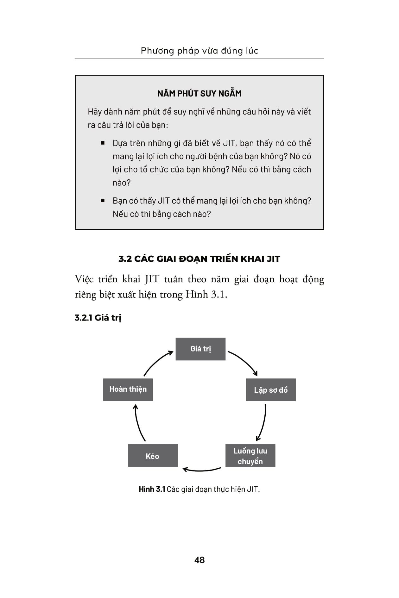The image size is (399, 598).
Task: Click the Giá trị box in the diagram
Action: pyautogui.click(x=200, y=349)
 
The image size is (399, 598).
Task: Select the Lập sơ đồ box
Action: pyautogui.click(x=271, y=390)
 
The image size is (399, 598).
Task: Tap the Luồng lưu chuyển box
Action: pyautogui.click(x=250, y=456)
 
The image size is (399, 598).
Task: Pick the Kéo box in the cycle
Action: pyautogui.click(x=153, y=456)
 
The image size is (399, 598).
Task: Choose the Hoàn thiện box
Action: pyautogui.click(x=128, y=389)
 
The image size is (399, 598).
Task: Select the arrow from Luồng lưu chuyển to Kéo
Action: pyautogui.click(x=202, y=470)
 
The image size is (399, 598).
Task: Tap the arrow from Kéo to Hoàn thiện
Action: pyautogui.click(x=138, y=424)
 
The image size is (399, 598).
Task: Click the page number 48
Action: pyautogui.click(x=199, y=560)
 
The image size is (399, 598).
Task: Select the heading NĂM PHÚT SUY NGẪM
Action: pyautogui.click(x=199, y=94)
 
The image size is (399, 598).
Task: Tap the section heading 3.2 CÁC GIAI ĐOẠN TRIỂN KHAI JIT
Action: pyautogui.click(x=199, y=259)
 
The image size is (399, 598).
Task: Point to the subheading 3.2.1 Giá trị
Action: pyautogui.click(x=98, y=318)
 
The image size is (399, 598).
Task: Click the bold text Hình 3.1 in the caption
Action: pyautogui.click(x=152, y=489)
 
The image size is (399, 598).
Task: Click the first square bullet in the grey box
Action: pyautogui.click(x=103, y=143)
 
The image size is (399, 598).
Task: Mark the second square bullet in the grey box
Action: pyautogui.click(x=103, y=201)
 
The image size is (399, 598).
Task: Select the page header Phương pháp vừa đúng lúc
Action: pyautogui.click(x=199, y=51)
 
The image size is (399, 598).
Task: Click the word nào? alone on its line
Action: pyautogui.click(x=122, y=183)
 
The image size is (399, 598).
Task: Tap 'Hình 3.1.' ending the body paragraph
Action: pyautogui.click(x=206, y=295)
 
